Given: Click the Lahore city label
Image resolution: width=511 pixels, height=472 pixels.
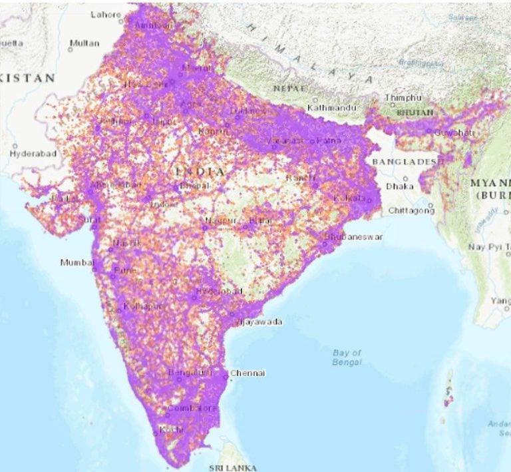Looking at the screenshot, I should tap(106, 14).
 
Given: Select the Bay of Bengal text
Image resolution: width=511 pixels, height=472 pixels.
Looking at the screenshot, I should tap(347, 357).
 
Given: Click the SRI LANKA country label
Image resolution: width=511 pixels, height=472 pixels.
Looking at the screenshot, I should tap(233, 468).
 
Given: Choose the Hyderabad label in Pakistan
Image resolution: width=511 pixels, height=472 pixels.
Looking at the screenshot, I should tap(33, 154).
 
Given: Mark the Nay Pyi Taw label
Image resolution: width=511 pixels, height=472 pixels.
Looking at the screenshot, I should tap(490, 247).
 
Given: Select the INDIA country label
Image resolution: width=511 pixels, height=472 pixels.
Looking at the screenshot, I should tap(200, 172).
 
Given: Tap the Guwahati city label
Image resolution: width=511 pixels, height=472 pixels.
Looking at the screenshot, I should tap(454, 133).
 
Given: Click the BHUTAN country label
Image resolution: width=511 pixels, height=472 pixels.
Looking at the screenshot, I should tap(415, 113).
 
